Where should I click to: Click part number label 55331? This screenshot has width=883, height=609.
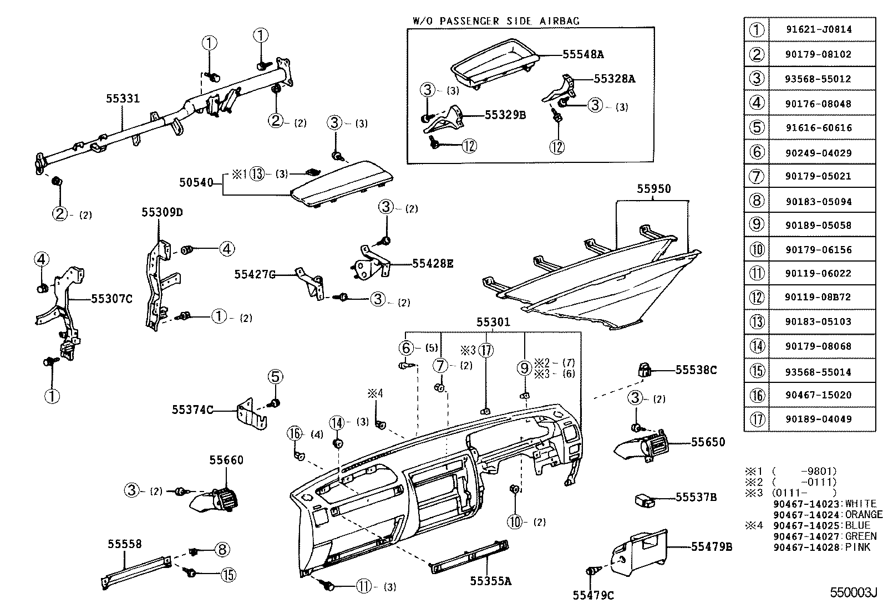click(123, 99)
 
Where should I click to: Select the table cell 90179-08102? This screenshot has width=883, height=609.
click(818, 54)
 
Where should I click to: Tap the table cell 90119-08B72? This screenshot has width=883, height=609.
click(818, 297)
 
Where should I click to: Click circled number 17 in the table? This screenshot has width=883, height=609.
click(757, 419)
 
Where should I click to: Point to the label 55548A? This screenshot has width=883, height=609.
click(582, 54)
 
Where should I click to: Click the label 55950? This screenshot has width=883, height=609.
click(653, 189)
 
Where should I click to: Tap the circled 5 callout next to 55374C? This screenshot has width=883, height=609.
click(276, 377)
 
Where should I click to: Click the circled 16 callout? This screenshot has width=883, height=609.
click(295, 433)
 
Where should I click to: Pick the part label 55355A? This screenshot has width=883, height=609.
click(490, 581)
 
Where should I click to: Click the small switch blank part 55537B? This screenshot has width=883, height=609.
click(643, 500)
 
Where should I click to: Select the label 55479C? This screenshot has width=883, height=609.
click(593, 595)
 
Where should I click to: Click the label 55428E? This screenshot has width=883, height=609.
click(433, 264)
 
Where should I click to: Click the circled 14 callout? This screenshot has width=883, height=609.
click(337, 422)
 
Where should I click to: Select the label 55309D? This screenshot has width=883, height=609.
click(162, 212)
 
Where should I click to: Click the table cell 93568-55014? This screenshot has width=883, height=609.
click(818, 372)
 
